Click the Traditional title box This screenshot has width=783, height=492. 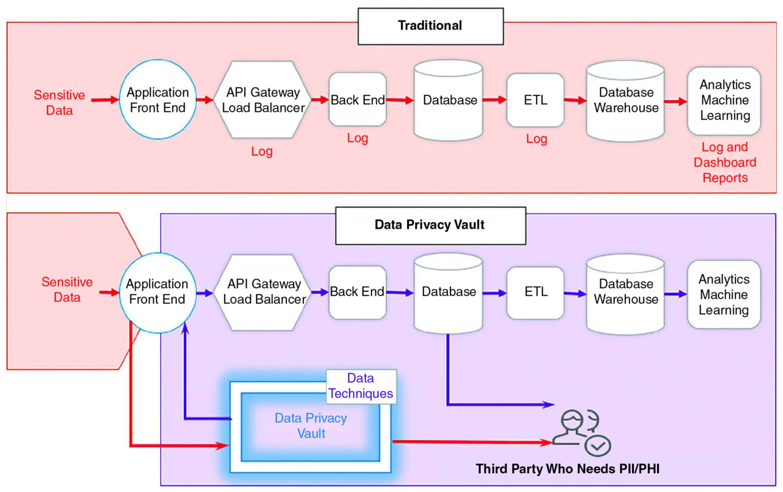tap(430, 26)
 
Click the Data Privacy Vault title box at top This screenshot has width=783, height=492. tap(430, 225)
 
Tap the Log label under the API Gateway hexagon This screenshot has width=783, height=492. tap(262, 151)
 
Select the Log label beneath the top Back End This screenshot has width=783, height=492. tap(357, 138)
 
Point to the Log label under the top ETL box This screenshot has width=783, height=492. tap(537, 139)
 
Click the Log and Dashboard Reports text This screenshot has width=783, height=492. tap(725, 162)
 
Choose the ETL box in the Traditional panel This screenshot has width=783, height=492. tap(535, 100)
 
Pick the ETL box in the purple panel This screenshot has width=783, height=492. tap(536, 292)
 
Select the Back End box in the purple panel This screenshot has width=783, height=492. tap(357, 292)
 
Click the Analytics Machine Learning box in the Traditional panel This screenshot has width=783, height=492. tap(725, 101)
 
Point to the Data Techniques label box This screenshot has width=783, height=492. tap(361, 386)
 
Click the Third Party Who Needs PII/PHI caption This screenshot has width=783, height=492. tap(568, 469)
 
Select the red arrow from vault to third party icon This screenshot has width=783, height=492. tap(472, 442)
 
